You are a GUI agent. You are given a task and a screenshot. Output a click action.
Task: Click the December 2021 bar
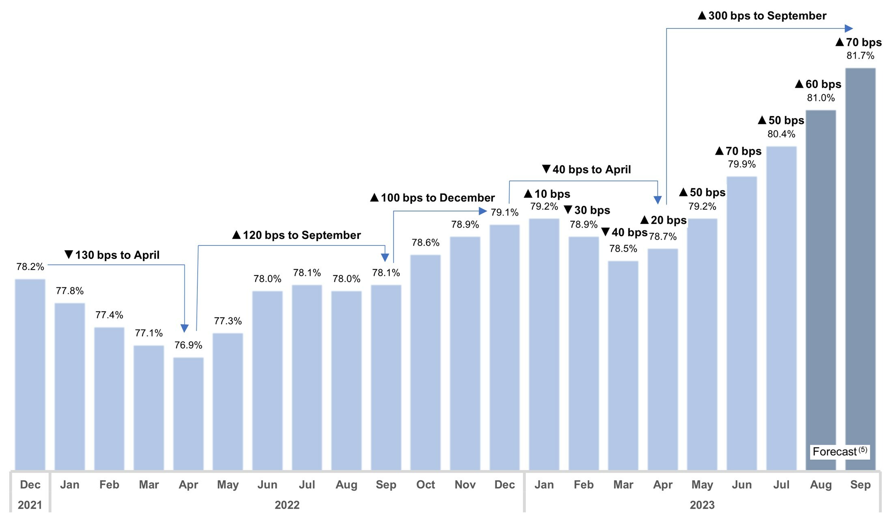[30, 374]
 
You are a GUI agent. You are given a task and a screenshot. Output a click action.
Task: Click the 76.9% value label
[188, 345]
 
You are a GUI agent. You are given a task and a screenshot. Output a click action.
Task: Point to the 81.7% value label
[860, 56]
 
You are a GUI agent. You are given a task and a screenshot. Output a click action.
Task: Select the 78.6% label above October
[425, 242]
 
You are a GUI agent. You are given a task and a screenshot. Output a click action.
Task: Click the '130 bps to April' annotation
[112, 255]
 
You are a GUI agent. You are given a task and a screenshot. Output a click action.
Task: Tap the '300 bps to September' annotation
[762, 16]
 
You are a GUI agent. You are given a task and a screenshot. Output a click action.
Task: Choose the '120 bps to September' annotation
[296, 235]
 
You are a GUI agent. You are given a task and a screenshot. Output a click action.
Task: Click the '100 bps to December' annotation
[432, 198]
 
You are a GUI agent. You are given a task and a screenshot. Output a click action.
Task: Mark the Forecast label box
[839, 452]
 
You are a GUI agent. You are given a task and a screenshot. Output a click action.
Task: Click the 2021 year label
[30, 505]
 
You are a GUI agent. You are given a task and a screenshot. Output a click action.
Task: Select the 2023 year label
[702, 505]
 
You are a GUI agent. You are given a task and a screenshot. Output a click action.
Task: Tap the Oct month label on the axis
[425, 485]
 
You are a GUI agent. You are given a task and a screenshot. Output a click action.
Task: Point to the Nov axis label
[465, 485]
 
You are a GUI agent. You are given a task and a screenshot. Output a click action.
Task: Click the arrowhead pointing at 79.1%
[483, 211]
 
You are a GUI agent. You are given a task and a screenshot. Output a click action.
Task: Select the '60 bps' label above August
[818, 84]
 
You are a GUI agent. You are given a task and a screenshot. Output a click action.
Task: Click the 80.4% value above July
[781, 134]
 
